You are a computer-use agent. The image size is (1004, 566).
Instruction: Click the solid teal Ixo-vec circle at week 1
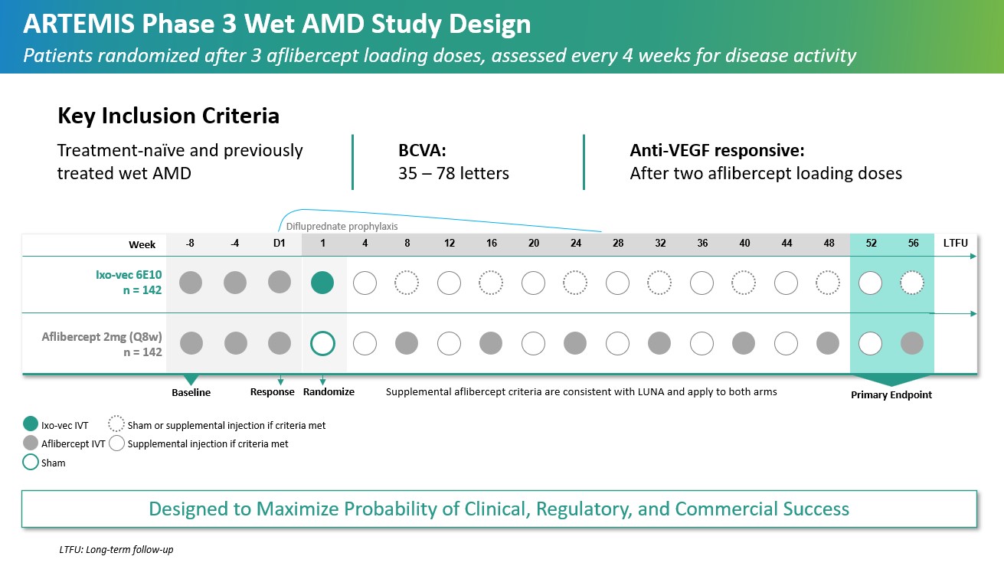click(322, 283)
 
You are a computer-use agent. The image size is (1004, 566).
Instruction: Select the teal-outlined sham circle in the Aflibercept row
click(322, 343)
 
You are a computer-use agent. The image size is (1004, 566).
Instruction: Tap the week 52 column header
click(870, 244)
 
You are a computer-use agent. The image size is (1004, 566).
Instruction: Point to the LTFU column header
click(955, 244)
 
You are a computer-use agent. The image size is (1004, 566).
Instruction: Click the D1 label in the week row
click(279, 244)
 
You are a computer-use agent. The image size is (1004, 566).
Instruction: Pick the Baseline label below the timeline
click(191, 392)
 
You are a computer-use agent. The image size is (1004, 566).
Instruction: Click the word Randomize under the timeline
click(329, 392)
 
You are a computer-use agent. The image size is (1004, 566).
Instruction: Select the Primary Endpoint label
click(891, 395)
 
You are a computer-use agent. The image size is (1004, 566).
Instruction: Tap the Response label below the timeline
click(272, 392)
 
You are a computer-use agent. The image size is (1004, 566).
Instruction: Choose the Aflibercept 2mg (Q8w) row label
click(112, 343)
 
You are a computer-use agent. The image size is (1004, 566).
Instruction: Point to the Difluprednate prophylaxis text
click(342, 227)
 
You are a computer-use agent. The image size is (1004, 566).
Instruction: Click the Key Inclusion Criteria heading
click(168, 116)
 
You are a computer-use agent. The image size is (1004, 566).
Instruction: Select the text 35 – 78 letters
click(453, 173)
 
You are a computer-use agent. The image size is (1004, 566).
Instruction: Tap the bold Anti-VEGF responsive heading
click(717, 150)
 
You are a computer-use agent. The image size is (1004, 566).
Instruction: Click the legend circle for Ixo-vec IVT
click(31, 424)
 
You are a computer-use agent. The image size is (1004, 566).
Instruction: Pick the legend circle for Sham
click(31, 463)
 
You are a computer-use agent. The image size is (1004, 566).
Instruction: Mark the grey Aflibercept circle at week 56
click(912, 343)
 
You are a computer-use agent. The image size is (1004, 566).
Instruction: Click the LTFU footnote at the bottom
click(116, 550)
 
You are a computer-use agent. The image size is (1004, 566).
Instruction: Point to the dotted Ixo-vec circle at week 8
click(407, 283)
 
